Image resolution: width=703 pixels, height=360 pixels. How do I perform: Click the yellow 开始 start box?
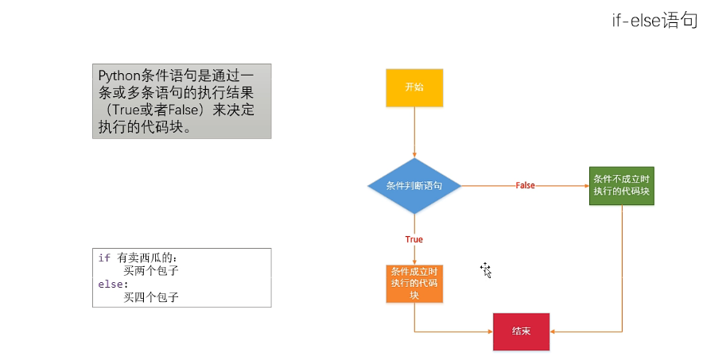(414, 87)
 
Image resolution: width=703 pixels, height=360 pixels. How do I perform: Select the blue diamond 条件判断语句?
(414, 185)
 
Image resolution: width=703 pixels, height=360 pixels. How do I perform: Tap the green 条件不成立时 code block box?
(622, 185)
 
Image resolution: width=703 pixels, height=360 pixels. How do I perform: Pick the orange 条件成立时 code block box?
(414, 284)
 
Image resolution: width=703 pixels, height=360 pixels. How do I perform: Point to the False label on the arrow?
(525, 185)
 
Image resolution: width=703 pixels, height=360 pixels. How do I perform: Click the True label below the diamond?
(414, 239)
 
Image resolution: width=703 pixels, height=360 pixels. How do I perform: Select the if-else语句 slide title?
(654, 21)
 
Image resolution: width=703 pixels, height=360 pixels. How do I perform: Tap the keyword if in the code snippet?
(103, 258)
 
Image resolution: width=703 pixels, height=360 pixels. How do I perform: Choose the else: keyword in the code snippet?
(112, 285)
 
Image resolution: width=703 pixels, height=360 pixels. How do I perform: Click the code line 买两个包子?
(151, 271)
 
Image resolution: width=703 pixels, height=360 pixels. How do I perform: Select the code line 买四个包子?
(151, 297)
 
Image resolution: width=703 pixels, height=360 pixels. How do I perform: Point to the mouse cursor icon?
(485, 269)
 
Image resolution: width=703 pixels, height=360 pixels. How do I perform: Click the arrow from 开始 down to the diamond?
(414, 131)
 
